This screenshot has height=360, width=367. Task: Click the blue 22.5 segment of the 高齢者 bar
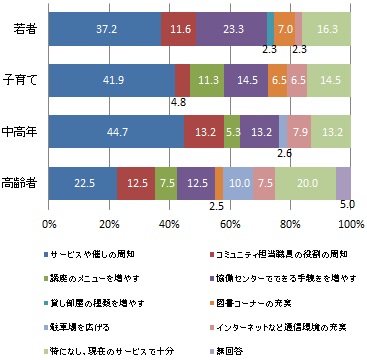click(83, 184)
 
